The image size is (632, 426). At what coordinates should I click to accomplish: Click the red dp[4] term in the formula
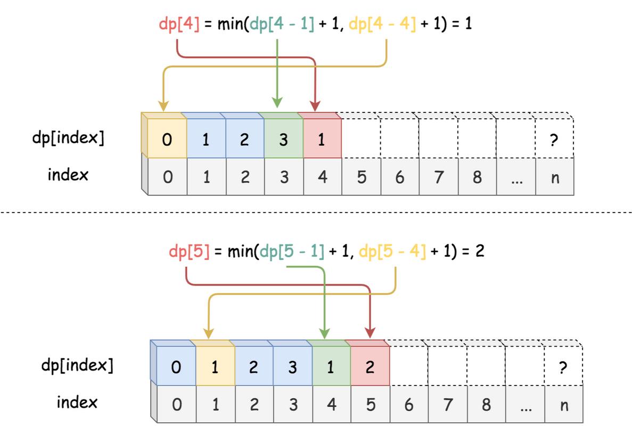click(x=179, y=24)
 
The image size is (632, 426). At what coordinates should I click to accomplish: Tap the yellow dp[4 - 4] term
click(x=382, y=24)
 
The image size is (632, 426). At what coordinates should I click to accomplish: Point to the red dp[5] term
click(x=189, y=251)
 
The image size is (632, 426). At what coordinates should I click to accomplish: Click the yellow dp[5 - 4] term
click(x=392, y=251)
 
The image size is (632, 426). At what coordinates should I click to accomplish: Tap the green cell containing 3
click(x=284, y=139)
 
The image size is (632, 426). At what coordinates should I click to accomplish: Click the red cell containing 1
click(x=322, y=139)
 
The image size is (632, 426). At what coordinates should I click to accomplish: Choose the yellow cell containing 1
click(x=215, y=367)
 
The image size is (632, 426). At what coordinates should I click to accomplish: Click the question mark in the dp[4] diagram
click(x=554, y=140)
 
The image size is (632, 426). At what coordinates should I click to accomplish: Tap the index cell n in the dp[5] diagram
click(x=564, y=405)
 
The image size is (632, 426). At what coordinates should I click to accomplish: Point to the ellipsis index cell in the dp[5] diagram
click(x=526, y=405)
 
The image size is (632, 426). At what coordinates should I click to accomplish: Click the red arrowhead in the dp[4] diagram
click(x=315, y=106)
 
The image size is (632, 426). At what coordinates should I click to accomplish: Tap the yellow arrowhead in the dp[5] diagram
click(x=209, y=333)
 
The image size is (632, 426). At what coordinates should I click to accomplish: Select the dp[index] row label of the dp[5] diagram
click(x=77, y=366)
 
